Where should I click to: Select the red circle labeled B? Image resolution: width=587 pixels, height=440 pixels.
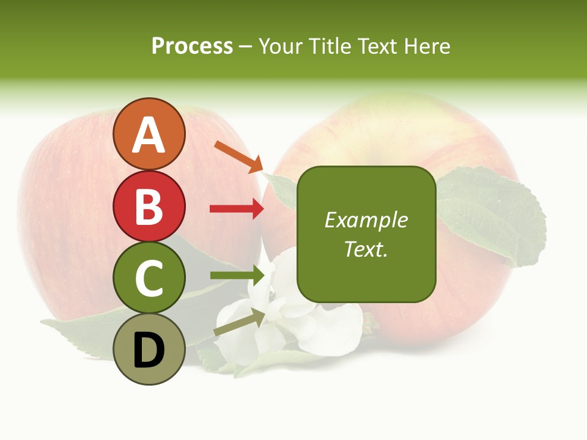[x=149, y=207]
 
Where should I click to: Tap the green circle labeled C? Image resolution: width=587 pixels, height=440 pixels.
[x=149, y=278]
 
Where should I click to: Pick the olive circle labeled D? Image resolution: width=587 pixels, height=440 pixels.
[x=149, y=350]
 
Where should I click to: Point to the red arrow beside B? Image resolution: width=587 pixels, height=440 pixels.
[x=237, y=209]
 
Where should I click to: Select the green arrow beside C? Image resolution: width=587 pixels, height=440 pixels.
[x=237, y=275]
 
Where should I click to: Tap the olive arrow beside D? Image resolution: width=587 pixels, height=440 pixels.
[x=239, y=322]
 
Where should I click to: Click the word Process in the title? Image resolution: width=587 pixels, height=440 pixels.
[x=192, y=46]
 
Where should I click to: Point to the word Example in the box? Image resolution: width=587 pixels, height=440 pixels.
[x=366, y=220]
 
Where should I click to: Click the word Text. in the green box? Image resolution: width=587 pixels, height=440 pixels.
[x=366, y=249]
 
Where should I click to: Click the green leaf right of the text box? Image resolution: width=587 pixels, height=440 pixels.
[x=489, y=214]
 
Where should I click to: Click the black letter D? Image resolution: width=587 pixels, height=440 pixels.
[x=149, y=351]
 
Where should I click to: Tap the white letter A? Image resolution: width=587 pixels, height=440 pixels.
[x=149, y=135]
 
